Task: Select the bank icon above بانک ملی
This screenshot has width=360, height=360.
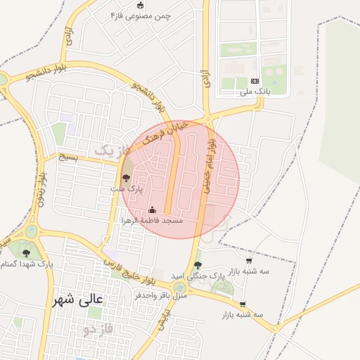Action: click(x=255, y=82)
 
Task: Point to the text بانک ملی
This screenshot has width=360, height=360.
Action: click(x=255, y=91)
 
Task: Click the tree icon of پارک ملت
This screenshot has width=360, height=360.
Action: click(x=126, y=178)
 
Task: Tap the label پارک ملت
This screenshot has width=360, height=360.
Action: click(x=127, y=188)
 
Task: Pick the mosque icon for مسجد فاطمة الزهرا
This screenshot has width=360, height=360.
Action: click(x=153, y=210)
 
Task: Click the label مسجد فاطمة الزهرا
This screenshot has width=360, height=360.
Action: click(x=153, y=220)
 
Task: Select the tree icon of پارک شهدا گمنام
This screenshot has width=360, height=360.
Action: click(x=27, y=252)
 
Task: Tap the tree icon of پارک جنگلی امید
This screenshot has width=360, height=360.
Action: click(x=198, y=265)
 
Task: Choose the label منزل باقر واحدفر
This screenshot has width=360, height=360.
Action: click(x=162, y=295)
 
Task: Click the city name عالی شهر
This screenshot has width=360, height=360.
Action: click(x=77, y=299)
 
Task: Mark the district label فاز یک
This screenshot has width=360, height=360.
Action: click(x=112, y=150)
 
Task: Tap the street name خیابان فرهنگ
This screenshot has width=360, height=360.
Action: click(x=164, y=130)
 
